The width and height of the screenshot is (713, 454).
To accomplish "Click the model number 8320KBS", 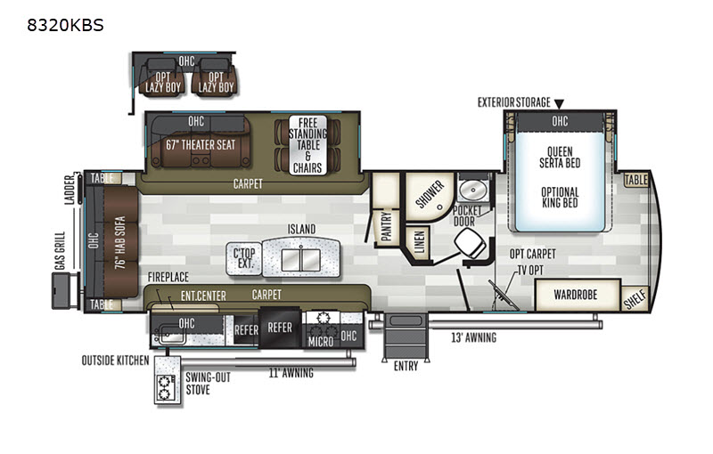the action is point(65,25).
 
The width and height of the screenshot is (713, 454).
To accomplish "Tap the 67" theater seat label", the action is point(201,145).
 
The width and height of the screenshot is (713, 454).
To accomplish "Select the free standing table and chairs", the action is point(307,145).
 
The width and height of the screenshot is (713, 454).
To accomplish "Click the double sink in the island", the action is point(300,260).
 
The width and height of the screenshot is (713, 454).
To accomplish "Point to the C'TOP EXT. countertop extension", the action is point(244,259).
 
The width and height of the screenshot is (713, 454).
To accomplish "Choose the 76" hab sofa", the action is point(120,242).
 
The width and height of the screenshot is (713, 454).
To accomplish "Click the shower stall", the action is point(430,196).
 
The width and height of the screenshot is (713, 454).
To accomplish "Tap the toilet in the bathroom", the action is point(471,243).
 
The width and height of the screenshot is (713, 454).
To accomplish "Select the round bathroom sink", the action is point(473,190).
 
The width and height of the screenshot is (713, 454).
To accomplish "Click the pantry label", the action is point(386,225).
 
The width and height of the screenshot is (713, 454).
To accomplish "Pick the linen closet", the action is point(419,241).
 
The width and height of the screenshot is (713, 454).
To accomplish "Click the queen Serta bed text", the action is point(560,157).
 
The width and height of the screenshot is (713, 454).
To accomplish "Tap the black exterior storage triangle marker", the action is point(559,104).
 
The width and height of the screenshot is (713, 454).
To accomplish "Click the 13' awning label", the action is point(473,337).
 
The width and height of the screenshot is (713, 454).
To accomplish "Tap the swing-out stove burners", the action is point(165,387).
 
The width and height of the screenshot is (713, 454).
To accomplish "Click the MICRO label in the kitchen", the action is point(321,342).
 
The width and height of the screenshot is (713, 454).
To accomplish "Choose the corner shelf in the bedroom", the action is point(635,299).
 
